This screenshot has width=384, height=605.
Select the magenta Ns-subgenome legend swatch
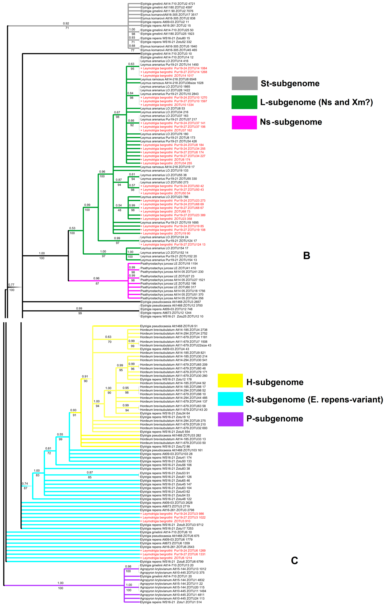point(244,122)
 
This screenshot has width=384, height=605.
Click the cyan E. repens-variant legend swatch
point(230,399)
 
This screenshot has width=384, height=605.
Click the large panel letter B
point(307,255)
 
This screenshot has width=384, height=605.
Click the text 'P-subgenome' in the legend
point(275,419)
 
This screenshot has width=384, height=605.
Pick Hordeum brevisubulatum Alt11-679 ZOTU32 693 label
point(173,428)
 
